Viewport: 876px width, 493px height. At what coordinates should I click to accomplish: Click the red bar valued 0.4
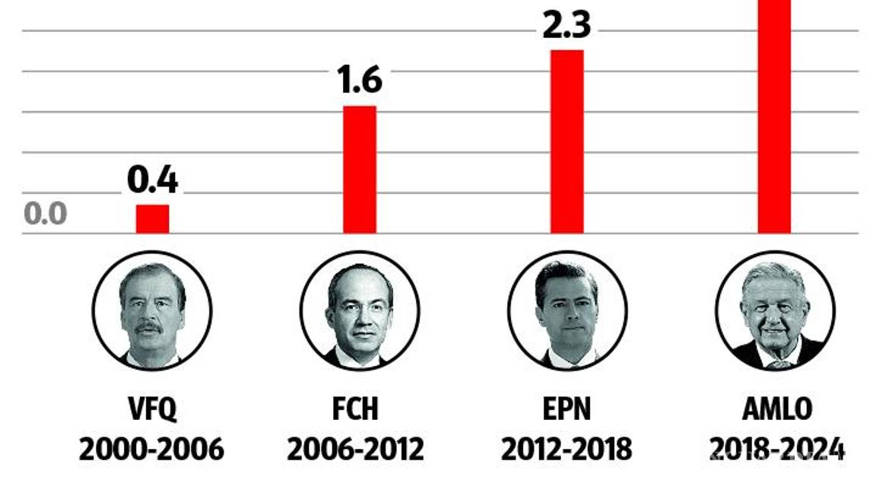(x=153, y=219)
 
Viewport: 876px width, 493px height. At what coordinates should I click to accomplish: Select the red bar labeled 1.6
(x=360, y=169)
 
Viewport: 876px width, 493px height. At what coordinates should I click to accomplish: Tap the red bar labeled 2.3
(x=567, y=142)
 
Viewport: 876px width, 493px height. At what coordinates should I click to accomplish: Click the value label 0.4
(x=153, y=181)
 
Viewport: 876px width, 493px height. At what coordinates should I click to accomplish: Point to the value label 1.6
(x=360, y=79)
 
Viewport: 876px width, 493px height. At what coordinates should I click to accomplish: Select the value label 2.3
(x=567, y=24)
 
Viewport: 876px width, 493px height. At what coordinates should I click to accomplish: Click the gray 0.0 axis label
(x=46, y=214)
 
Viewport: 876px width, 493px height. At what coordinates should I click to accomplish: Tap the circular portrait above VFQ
(x=152, y=310)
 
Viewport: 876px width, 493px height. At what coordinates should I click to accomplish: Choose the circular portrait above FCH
(x=360, y=310)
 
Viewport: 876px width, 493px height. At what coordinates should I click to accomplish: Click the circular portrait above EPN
(x=567, y=310)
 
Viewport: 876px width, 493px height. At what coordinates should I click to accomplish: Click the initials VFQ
(x=152, y=409)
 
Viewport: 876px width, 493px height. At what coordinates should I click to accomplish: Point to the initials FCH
(x=355, y=409)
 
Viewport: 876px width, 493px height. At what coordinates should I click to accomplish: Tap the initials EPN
(x=567, y=409)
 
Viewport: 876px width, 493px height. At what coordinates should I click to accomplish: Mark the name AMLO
(x=776, y=409)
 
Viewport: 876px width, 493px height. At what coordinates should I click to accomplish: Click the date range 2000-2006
(x=152, y=449)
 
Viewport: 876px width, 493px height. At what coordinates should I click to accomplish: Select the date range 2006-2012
(x=355, y=449)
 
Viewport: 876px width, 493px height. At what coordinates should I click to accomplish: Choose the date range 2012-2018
(x=567, y=449)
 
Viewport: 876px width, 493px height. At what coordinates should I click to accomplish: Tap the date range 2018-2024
(x=776, y=449)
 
